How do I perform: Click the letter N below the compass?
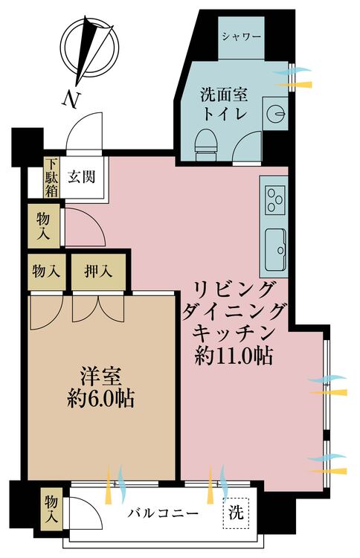pyautogui.click(x=71, y=99)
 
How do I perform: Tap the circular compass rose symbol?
pyautogui.click(x=89, y=49)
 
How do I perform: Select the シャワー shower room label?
pyautogui.click(x=242, y=36)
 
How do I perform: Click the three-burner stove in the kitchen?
pyautogui.click(x=274, y=200)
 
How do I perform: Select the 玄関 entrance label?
pyautogui.click(x=82, y=176)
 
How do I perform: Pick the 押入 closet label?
pyautogui.click(x=98, y=272)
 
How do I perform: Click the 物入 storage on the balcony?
pyautogui.click(x=51, y=510)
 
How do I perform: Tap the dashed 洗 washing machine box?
pyautogui.click(x=236, y=513)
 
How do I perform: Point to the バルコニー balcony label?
pyautogui.click(x=164, y=514)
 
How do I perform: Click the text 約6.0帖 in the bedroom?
pyautogui.click(x=101, y=399)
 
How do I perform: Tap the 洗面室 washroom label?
pyautogui.click(x=224, y=95)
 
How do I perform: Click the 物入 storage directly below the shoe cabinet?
pyautogui.click(x=44, y=225)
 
